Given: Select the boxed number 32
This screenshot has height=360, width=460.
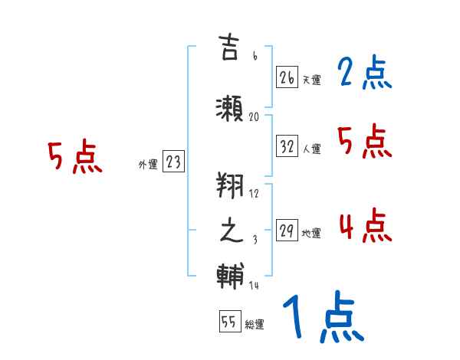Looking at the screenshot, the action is click(287, 147).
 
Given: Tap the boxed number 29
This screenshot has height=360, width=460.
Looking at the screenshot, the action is click(287, 231).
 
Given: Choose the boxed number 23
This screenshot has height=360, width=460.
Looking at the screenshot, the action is click(174, 162).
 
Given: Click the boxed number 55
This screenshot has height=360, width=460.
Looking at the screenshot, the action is click(228, 322).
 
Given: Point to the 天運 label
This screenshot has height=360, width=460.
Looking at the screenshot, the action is click(311, 80).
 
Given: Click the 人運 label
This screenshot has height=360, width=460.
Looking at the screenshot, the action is click(311, 149).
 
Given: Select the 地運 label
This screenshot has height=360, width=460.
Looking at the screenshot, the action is click(311, 234).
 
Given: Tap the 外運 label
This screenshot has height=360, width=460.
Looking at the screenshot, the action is click(148, 164).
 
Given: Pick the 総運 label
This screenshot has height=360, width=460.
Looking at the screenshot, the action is click(255, 325).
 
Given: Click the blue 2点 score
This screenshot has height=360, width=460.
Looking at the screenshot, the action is click(364, 74).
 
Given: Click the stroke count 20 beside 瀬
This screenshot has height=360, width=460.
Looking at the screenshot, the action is click(255, 117).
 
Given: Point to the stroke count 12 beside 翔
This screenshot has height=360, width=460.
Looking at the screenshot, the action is click(255, 193).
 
